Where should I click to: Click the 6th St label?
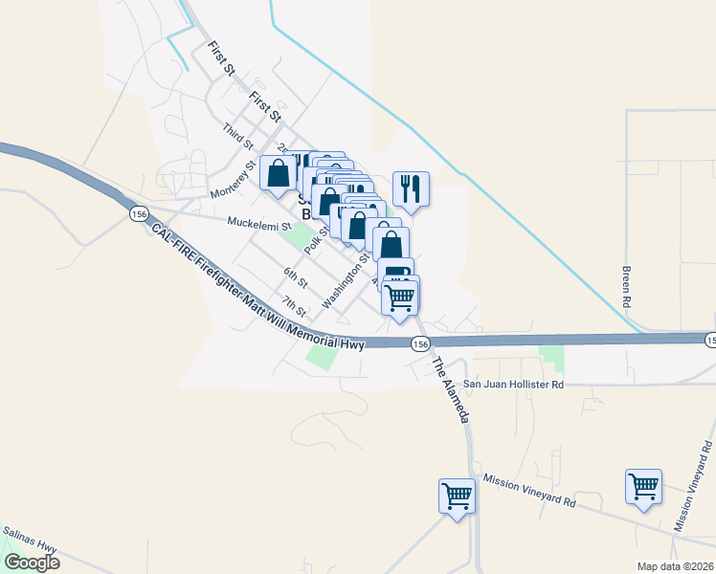(295, 277)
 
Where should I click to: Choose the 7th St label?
(293, 306)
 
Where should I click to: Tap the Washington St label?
(346, 280)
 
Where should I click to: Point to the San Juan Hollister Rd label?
(514, 384)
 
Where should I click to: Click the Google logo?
(32, 563)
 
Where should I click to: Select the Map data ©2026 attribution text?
(675, 566)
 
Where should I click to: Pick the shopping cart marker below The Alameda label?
(458, 495)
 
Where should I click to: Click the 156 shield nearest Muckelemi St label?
(140, 215)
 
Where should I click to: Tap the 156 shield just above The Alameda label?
(420, 342)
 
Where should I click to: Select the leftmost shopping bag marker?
(279, 173)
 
